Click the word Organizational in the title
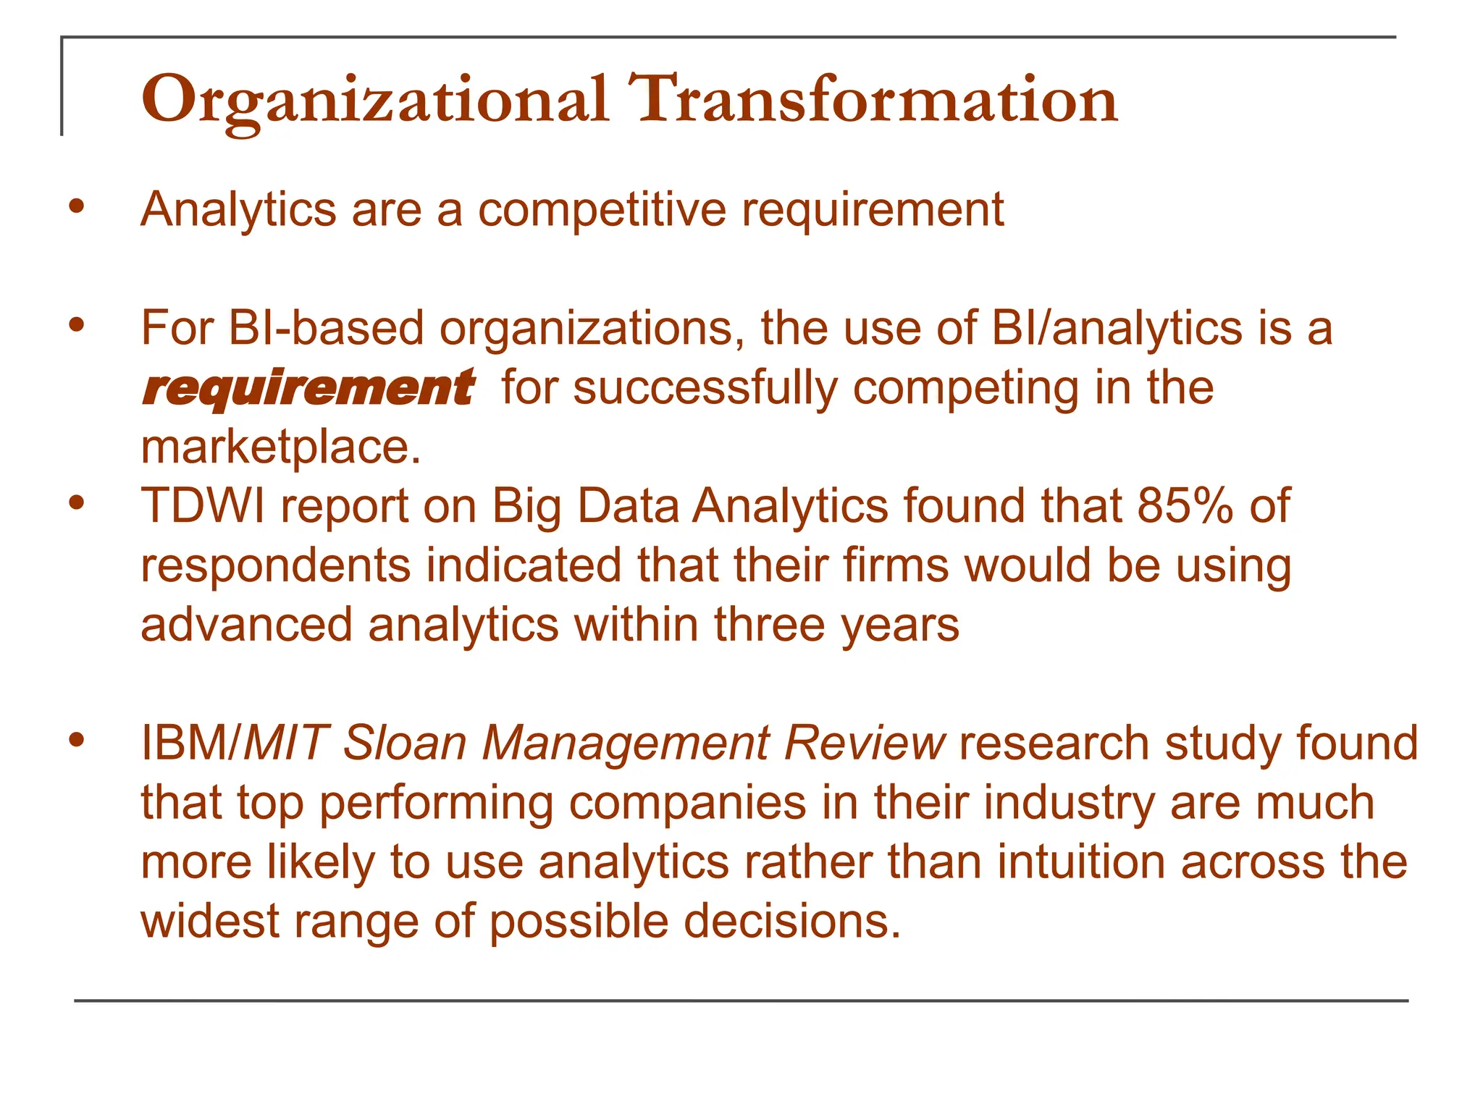[374, 100]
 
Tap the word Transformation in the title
[873, 100]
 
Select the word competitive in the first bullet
[602, 210]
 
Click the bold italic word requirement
[308, 387]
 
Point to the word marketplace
[280, 447]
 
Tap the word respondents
[276, 565]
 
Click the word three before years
[769, 625]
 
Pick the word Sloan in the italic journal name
[405, 744]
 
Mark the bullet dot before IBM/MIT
[77, 740]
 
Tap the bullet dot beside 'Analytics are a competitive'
[77, 207]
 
